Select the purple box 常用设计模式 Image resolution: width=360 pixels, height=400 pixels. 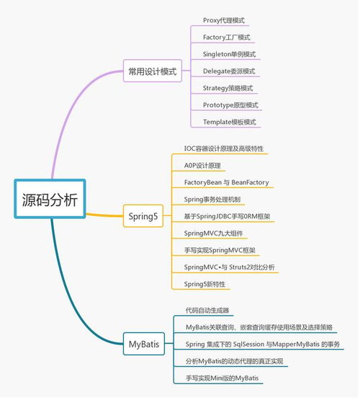tap(152, 71)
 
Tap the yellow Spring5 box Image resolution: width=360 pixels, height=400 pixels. tap(143, 216)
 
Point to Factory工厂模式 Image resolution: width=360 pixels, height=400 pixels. tap(227, 37)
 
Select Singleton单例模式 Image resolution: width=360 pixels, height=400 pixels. tap(229, 55)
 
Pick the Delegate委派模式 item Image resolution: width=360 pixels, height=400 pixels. tap(229, 71)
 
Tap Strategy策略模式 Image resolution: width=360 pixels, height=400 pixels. tap(228, 88)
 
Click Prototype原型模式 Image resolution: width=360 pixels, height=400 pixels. tap(229, 105)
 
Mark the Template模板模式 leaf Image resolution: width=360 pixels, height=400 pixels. tap(229, 122)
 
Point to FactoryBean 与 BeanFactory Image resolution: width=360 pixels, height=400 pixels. tap(226, 182)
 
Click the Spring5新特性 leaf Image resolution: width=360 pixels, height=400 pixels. tap(204, 284)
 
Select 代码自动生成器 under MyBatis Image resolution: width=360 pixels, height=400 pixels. tap(207, 311)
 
